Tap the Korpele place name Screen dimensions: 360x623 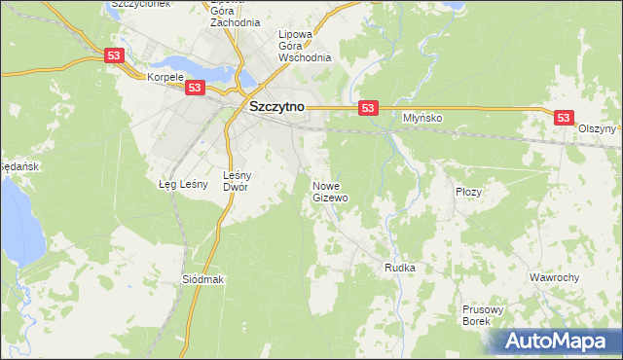(x=165, y=76)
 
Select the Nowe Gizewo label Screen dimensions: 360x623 (x=330, y=191)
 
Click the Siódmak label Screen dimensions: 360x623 (x=203, y=279)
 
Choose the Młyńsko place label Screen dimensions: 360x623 (x=422, y=118)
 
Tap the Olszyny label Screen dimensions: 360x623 (x=597, y=128)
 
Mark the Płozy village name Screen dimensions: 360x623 (x=468, y=192)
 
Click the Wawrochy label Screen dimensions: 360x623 (x=554, y=277)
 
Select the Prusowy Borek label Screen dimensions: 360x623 (x=481, y=314)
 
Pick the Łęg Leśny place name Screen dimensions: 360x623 (x=179, y=183)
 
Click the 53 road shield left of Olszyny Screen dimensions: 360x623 (x=564, y=117)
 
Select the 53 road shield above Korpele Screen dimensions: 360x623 (x=115, y=57)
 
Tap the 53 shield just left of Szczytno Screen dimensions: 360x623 (x=195, y=88)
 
